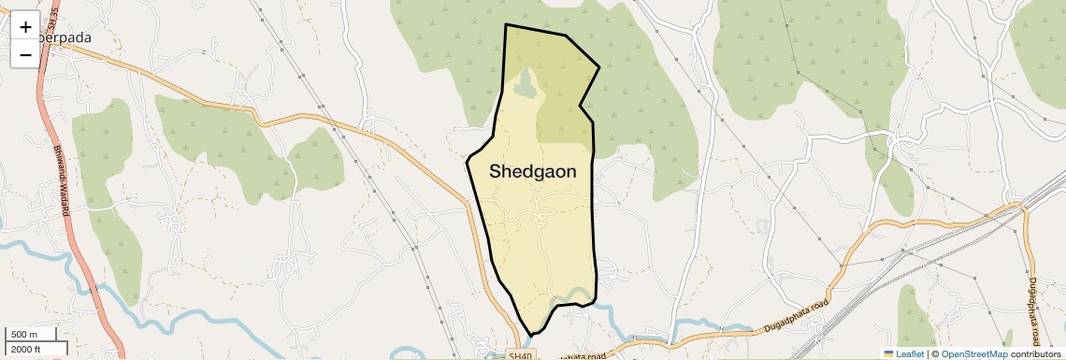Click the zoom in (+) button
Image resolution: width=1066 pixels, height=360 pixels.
[25, 27]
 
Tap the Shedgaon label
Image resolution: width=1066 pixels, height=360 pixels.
[532, 172]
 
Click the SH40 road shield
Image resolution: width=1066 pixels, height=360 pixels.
[520, 355]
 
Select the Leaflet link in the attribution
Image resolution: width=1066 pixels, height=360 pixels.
[904, 353]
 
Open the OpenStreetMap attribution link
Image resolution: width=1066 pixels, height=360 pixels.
[973, 353]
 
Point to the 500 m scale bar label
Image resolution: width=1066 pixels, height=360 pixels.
[23, 335]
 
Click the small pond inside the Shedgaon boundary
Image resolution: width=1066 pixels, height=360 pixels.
[525, 87]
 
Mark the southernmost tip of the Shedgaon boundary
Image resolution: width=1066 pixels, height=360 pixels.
[531, 335]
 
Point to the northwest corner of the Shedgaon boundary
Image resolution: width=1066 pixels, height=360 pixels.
[506, 25]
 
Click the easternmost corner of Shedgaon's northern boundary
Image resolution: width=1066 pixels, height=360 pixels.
[598, 67]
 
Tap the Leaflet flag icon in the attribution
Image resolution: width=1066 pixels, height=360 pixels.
[888, 353]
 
